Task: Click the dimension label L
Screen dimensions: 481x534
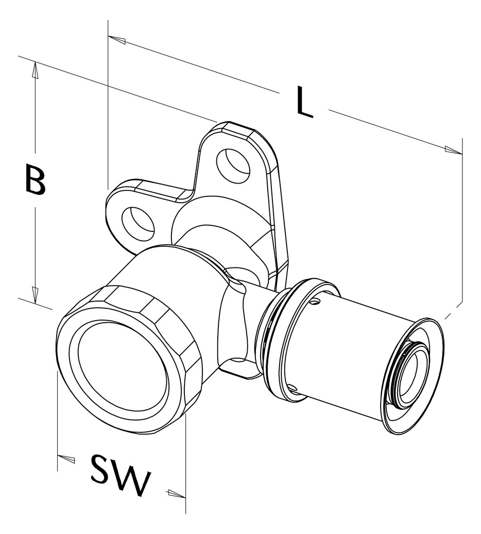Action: coord(304,102)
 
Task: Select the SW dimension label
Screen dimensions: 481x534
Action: coord(120,474)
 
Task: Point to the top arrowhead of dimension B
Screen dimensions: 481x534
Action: coord(35,71)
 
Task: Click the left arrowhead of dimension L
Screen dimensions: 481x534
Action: coord(117,40)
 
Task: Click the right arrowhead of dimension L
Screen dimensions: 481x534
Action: coord(453,150)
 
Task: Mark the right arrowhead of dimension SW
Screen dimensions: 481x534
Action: coord(177,494)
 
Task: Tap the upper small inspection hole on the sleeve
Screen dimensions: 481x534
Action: coord(316,301)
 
